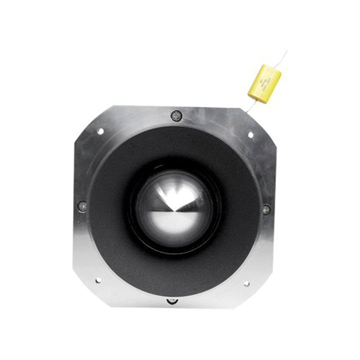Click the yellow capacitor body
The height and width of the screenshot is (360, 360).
click(264, 83)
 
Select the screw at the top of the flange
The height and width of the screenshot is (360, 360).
click(175, 115)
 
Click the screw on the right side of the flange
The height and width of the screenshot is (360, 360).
click(266, 208)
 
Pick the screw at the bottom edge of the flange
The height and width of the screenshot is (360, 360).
click(172, 300)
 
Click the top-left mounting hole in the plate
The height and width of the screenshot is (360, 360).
click(100, 131)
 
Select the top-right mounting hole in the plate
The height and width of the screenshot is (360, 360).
click(251, 134)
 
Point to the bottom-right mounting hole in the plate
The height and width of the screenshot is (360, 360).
click(246, 283)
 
